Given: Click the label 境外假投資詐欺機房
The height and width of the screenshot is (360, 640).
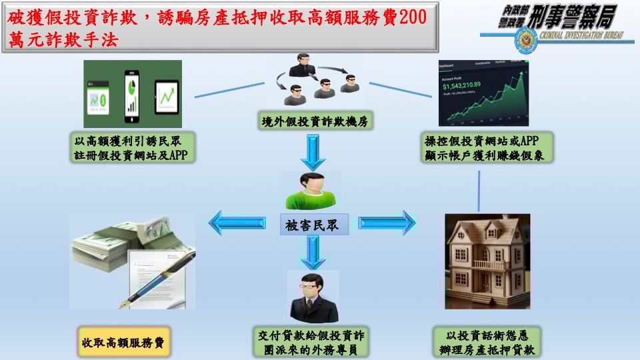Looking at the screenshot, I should [315, 121].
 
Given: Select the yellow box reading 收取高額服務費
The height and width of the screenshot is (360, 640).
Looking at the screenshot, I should [123, 343].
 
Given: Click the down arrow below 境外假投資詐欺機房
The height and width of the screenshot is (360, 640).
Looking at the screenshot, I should [312, 153].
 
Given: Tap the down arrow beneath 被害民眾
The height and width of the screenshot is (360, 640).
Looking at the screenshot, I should [312, 252].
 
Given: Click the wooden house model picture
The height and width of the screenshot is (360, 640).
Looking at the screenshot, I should [487, 261].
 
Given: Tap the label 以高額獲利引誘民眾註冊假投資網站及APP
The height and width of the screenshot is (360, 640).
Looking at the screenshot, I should [131, 148].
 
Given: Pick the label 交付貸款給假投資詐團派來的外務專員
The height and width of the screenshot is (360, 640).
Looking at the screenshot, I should [312, 343].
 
